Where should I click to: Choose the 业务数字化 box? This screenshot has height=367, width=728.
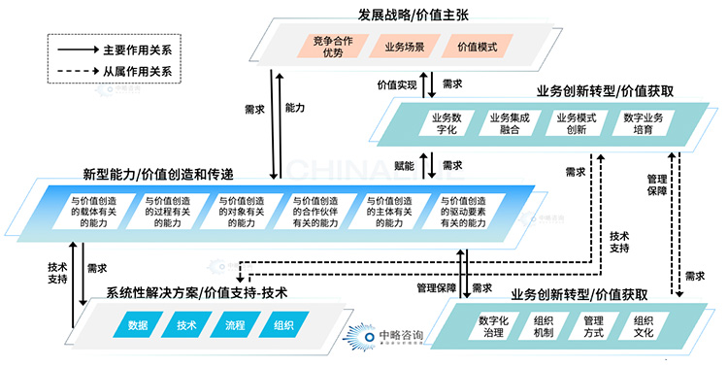tap(440, 124)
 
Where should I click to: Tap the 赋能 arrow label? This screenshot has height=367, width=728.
tap(406, 167)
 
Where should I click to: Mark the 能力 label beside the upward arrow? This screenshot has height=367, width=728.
tap(295, 108)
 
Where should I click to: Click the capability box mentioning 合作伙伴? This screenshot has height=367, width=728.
tap(314, 211)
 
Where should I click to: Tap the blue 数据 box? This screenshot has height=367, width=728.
tap(137, 326)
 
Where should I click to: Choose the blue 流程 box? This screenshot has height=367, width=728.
tap(234, 326)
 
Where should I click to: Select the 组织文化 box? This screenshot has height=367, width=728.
tap(648, 326)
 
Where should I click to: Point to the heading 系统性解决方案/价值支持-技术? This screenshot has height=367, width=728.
tap(196, 292)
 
